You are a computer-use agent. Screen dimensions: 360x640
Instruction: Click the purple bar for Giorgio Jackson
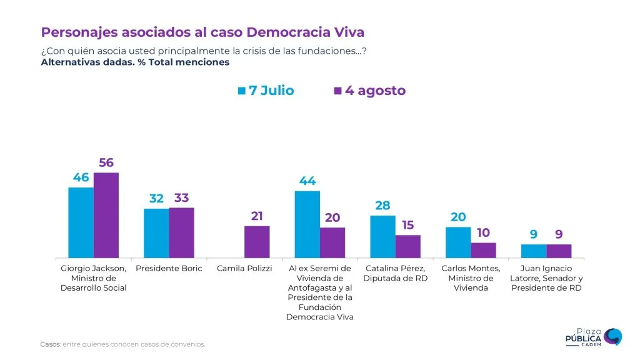pyautogui.click(x=106, y=215)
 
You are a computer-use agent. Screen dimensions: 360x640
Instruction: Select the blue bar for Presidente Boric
pyautogui.click(x=156, y=233)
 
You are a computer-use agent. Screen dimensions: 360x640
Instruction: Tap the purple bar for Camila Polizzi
pyautogui.click(x=257, y=242)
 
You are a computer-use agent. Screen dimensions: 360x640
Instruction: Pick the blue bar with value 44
pyautogui.click(x=307, y=224)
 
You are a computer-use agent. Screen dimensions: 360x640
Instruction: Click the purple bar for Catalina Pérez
pyautogui.click(x=407, y=246)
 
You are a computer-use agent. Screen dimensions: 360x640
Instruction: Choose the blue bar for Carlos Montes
pyautogui.click(x=458, y=242)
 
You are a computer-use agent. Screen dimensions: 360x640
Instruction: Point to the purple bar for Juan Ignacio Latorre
pyautogui.click(x=559, y=251)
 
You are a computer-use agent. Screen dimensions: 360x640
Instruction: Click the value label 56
pyautogui.click(x=106, y=163)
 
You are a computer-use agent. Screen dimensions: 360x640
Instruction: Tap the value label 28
pyautogui.click(x=382, y=206)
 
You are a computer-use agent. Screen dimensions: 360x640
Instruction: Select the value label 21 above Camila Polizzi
pyautogui.click(x=257, y=216)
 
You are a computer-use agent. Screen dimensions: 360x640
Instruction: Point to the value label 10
pyautogui.click(x=483, y=233)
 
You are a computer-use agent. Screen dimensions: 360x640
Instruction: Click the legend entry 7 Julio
pyautogui.click(x=266, y=91)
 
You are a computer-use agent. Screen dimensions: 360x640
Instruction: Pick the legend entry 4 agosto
pyautogui.click(x=370, y=91)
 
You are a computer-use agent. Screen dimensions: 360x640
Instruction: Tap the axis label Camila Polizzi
pyautogui.click(x=244, y=269)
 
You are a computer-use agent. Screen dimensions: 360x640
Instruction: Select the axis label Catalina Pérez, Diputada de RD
pyautogui.click(x=395, y=273)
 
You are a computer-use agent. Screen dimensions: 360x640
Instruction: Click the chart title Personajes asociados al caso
pyautogui.click(x=202, y=32)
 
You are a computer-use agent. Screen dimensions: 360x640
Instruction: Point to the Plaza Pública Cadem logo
pyautogui.click(x=593, y=338)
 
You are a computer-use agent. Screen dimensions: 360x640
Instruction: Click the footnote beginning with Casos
pyautogui.click(x=122, y=344)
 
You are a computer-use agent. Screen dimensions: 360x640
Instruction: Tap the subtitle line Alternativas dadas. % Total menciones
pyautogui.click(x=135, y=62)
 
